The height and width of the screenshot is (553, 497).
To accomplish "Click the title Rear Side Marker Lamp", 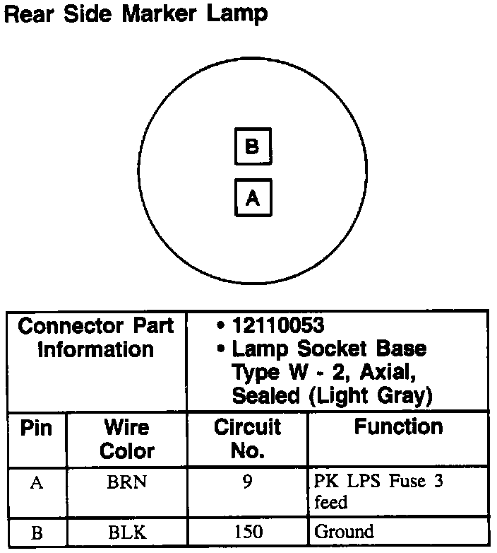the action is point(136,13).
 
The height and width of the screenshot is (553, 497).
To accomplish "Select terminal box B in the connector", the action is point(252,146).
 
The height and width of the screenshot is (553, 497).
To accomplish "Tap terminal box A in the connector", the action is point(252,198).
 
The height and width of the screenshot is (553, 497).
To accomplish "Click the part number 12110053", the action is point(277,326).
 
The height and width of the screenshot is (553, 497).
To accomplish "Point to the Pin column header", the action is point(35,428).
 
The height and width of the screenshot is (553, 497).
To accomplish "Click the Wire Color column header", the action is point(127,438).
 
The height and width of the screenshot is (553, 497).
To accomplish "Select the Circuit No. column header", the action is point(247,438).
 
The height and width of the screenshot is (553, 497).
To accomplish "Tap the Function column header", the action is point(398,426).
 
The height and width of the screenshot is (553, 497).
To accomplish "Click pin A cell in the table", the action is point(36,483).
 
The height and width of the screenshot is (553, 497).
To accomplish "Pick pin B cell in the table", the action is point(36,532).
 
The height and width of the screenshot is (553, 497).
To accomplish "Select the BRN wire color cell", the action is point(127,483).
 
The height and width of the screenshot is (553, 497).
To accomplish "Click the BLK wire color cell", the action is point(127,532).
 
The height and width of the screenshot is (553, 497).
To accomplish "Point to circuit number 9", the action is point(247,482).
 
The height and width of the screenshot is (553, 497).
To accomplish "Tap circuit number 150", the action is point(247,532).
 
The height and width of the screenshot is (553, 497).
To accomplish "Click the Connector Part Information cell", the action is point(96,337).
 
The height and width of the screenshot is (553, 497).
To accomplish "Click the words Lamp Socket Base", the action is point(329,349).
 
